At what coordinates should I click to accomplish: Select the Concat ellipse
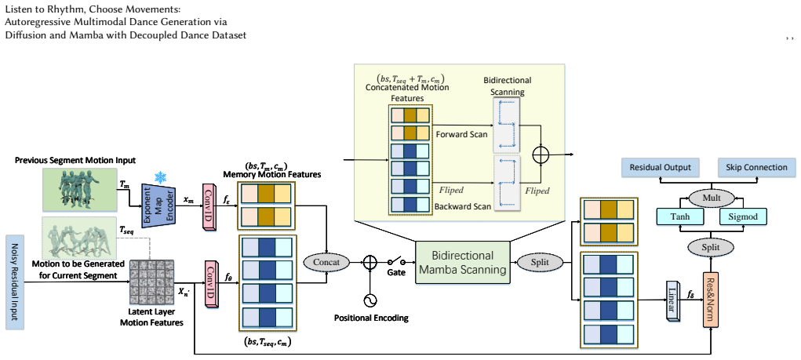pyautogui.click(x=326, y=263)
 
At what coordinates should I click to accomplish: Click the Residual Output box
pyautogui.click(x=660, y=168)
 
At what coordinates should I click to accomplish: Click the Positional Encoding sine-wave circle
pyautogui.click(x=370, y=300)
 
